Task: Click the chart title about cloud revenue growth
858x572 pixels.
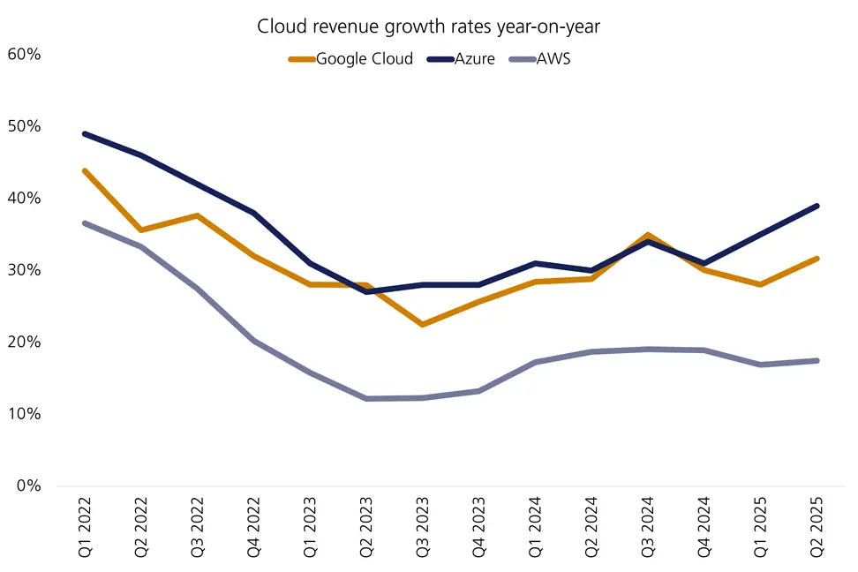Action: pyautogui.click(x=429, y=26)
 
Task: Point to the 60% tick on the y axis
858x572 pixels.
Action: pyautogui.click(x=24, y=54)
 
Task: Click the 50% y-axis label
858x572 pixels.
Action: pyautogui.click(x=24, y=126)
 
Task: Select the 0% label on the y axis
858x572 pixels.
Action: pyautogui.click(x=28, y=485)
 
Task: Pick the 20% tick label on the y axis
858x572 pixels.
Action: pyautogui.click(x=24, y=342)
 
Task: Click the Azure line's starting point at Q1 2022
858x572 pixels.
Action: pyautogui.click(x=85, y=133)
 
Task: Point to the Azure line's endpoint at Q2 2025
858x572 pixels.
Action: pyautogui.click(x=817, y=206)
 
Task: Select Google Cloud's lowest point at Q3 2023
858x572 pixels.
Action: pyautogui.click(x=423, y=325)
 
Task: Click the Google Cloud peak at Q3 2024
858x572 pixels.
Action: pyautogui.click(x=648, y=235)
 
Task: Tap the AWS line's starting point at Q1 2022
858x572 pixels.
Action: pyautogui.click(x=85, y=223)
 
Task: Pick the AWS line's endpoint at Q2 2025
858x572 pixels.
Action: pyautogui.click(x=817, y=360)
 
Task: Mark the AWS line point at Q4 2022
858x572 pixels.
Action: pyautogui.click(x=254, y=341)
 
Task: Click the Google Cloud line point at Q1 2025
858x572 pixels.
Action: pyautogui.click(x=760, y=284)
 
